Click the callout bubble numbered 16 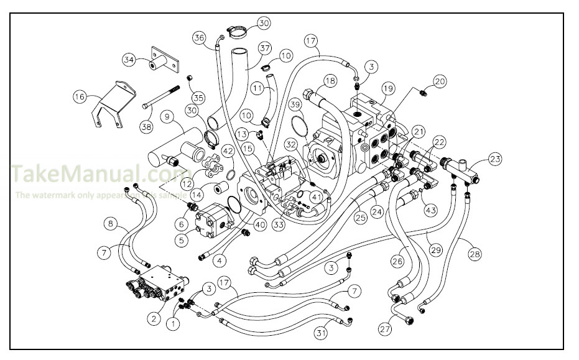pos(79,96)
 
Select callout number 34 pos(129,60)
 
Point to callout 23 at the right pos(494,159)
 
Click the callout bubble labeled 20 pos(440,80)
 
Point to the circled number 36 pos(199,37)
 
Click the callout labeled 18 pos(329,80)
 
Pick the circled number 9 pos(167,116)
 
